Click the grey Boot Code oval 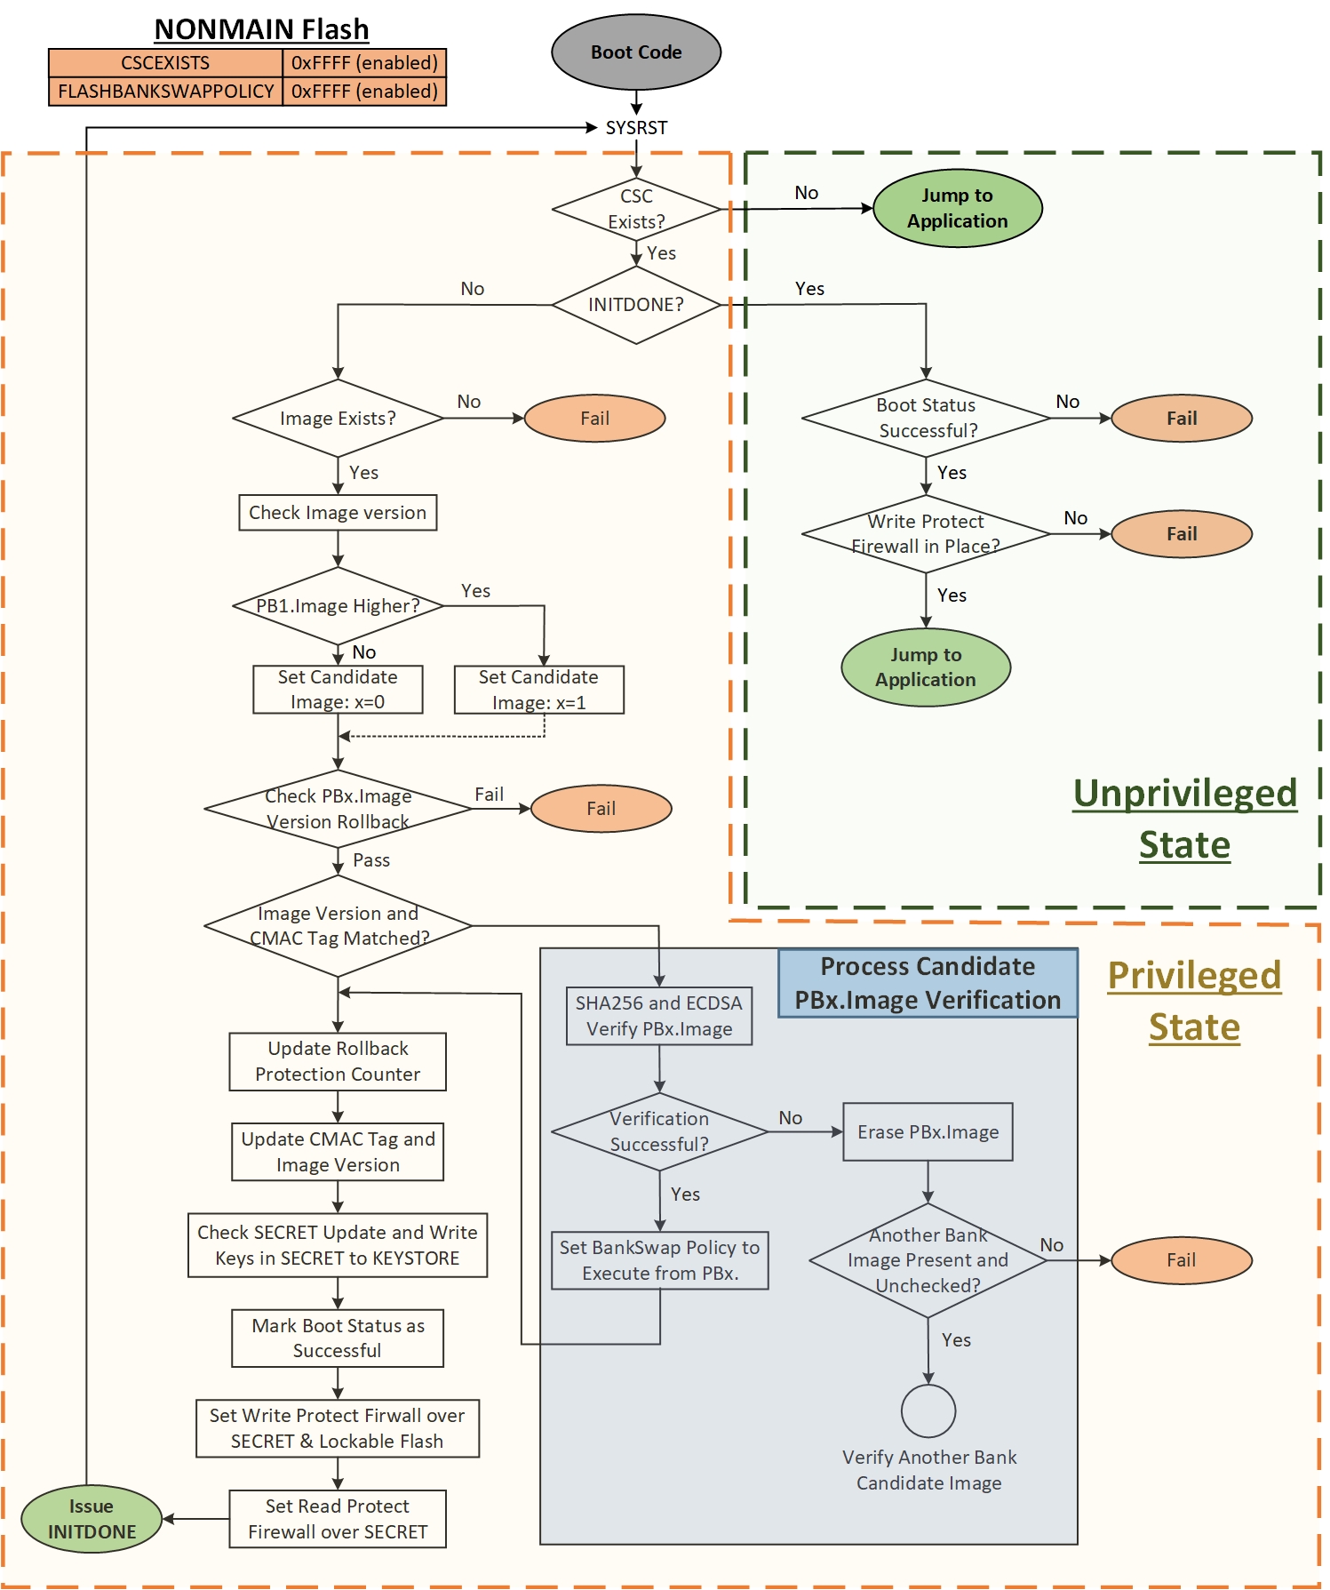636,52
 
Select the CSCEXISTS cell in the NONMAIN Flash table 166,63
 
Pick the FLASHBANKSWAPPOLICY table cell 166,92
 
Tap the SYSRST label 636,128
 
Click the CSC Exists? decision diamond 636,210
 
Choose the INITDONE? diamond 636,305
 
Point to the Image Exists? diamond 338,419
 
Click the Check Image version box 338,513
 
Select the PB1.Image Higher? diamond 338,606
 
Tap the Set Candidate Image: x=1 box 538,690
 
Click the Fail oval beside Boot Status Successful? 1182,419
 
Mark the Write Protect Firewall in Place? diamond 926,534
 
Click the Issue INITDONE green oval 92,1519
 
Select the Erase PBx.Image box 928,1132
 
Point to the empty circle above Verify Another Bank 928,1411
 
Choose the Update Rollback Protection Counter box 338,1061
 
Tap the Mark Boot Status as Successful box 338,1338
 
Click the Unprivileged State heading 1185,819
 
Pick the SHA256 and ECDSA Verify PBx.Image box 659,1016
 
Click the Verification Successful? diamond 659,1131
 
